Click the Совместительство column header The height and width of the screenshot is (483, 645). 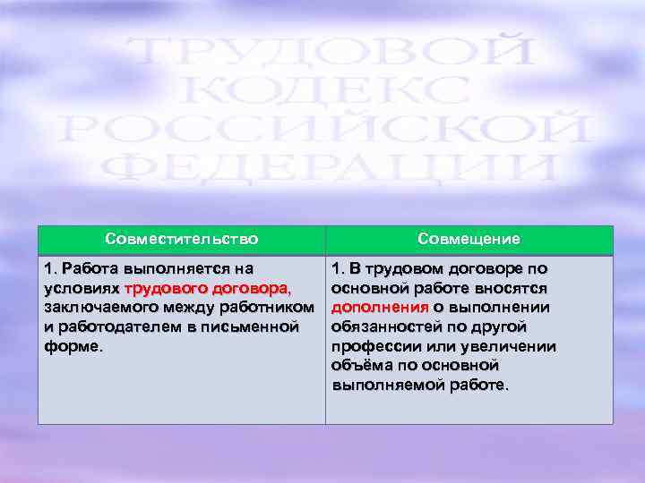(x=181, y=240)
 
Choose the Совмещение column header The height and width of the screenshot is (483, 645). (x=469, y=240)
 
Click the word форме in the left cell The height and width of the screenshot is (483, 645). (x=72, y=347)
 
